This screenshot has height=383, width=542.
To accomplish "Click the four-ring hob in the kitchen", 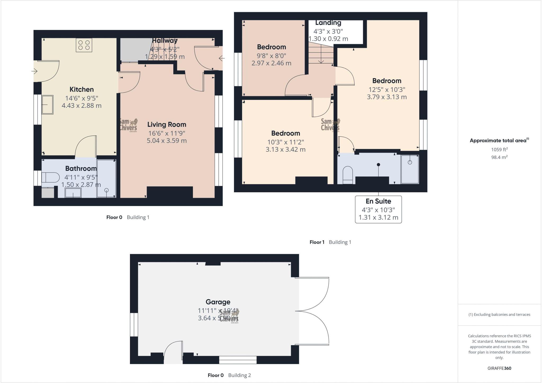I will pyautogui.click(x=84, y=45).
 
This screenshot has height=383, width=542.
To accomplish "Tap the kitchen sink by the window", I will pyautogui.click(x=47, y=105).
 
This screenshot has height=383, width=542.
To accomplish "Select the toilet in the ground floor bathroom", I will pyautogui.click(x=51, y=177).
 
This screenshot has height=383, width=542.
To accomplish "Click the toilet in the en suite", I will pyautogui.click(x=348, y=175).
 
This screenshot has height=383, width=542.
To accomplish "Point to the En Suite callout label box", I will pyautogui.click(x=378, y=210).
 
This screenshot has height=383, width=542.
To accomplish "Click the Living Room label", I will pyautogui.click(x=167, y=124).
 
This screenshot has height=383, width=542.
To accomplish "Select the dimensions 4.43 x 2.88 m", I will pyautogui.click(x=82, y=106).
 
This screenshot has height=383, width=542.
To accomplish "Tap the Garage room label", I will pyautogui.click(x=218, y=302).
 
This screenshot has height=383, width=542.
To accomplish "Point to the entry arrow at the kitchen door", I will pyautogui.click(x=35, y=71).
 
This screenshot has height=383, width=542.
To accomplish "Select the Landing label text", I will pyautogui.click(x=328, y=23).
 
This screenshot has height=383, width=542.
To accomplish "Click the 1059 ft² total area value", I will pyautogui.click(x=499, y=149).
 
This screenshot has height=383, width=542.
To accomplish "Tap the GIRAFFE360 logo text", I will pyautogui.click(x=499, y=368).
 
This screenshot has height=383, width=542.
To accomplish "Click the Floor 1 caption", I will pyautogui.click(x=317, y=242).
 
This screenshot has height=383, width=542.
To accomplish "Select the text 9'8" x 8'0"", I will pyautogui.click(x=271, y=56).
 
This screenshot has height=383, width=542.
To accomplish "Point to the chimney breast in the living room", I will pyautogui.click(x=170, y=192).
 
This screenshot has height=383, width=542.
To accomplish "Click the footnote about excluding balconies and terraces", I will pyautogui.click(x=499, y=315).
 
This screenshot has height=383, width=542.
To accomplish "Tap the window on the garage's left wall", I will pyautogui.click(x=134, y=325).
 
